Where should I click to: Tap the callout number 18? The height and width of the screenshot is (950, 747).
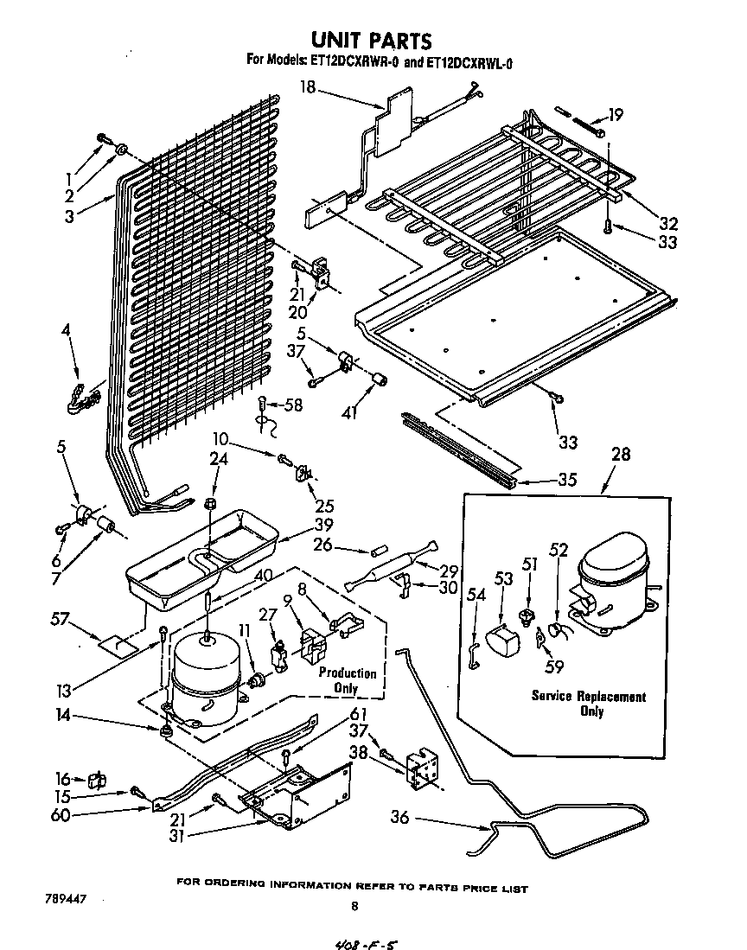click(308, 86)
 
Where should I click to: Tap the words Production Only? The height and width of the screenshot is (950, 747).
click(348, 680)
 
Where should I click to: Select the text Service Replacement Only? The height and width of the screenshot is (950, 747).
click(588, 703)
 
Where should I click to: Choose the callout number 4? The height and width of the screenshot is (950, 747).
click(67, 329)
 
